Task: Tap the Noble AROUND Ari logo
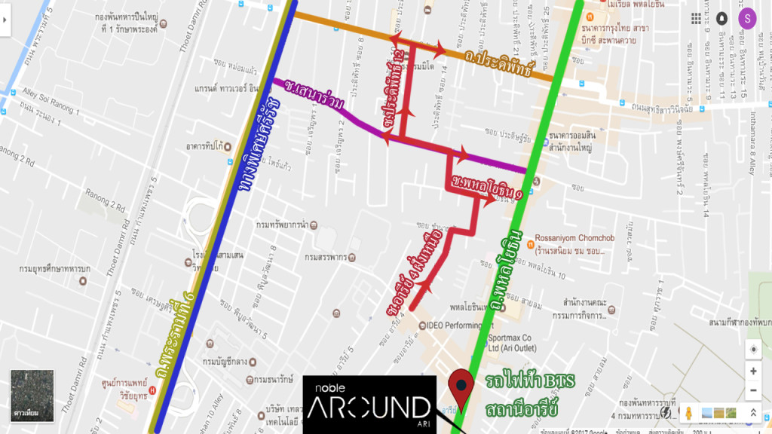[x=369, y=404]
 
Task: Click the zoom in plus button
[x=752, y=371]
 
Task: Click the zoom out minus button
[x=752, y=391]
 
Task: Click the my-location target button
[x=752, y=348]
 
